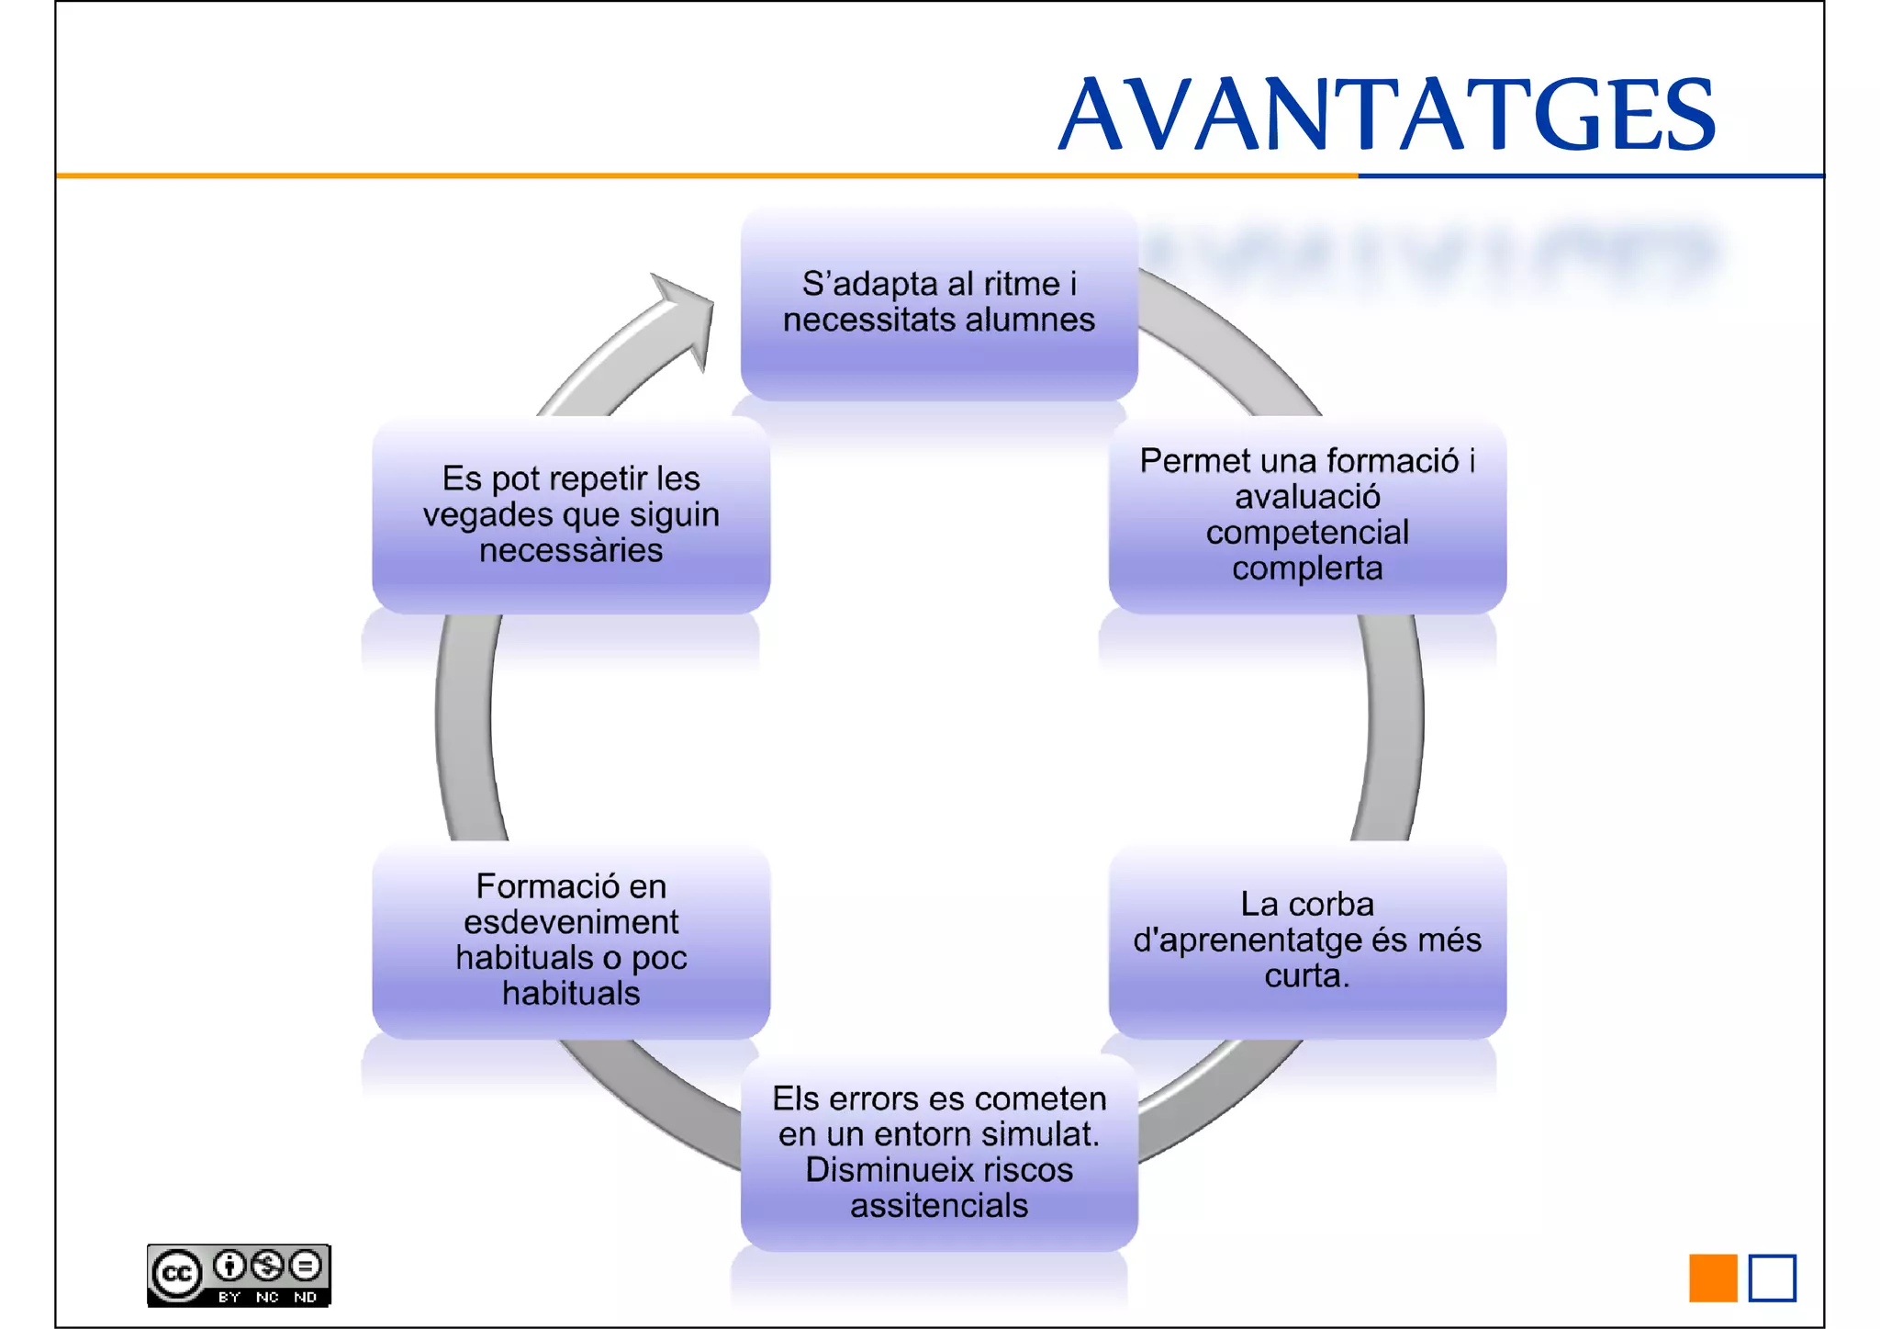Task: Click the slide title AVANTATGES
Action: pos(1386,114)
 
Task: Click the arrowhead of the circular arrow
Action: pos(686,312)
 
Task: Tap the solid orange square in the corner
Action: pos(1712,1278)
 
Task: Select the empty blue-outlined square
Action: pos(1772,1278)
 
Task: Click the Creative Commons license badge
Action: pos(239,1275)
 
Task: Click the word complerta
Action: pos(1307,569)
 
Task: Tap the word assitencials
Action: pos(938,1205)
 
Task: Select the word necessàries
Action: pos(571,550)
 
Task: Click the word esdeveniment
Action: pos(571,921)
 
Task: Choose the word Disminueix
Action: pos(889,1169)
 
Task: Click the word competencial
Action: pos(1307,533)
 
